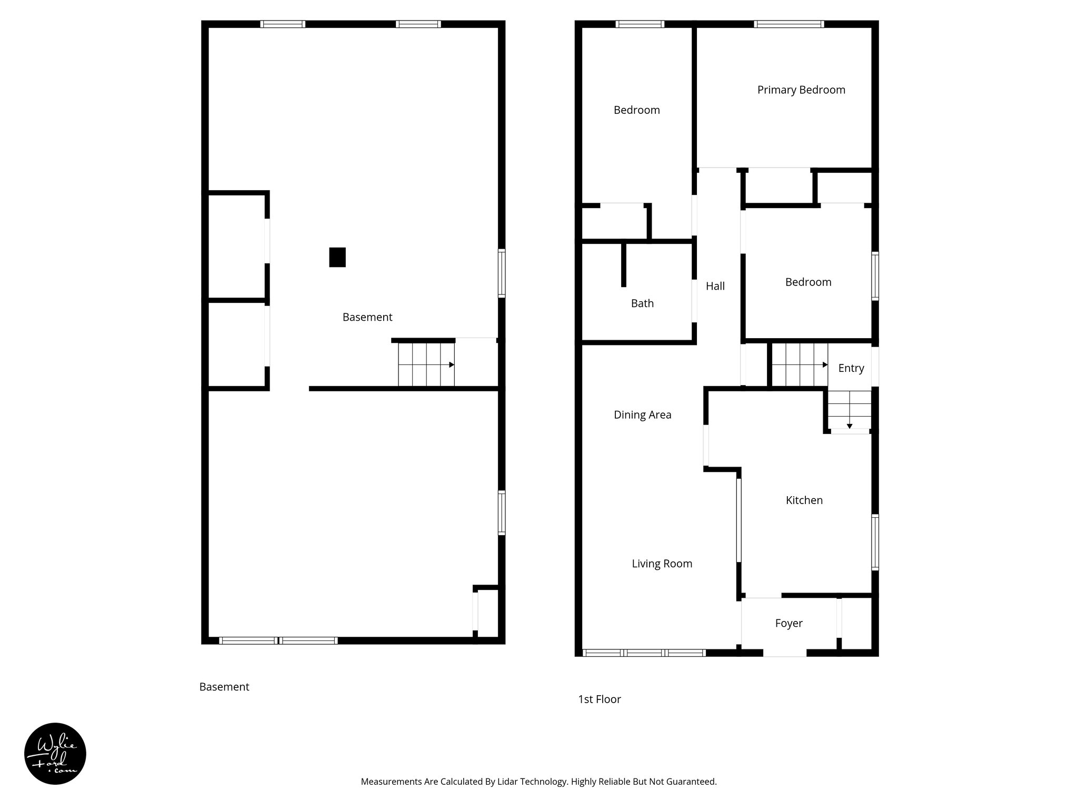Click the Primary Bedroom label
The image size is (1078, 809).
[x=801, y=90]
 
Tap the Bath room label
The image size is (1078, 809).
[x=642, y=303]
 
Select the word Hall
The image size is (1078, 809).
[x=715, y=286]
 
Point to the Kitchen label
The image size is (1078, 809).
[x=804, y=500]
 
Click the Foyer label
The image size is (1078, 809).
[x=788, y=623]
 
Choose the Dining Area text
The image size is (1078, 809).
[x=642, y=415]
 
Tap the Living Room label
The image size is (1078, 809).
[x=662, y=564]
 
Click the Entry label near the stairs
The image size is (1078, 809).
[x=851, y=368]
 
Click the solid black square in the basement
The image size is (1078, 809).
[x=337, y=257]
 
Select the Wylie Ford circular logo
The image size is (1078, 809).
[x=55, y=754]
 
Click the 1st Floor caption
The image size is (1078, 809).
[x=600, y=699]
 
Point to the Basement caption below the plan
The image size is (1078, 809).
[x=224, y=687]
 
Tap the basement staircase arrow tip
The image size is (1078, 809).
[x=452, y=364]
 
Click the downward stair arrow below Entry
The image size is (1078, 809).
[x=850, y=426]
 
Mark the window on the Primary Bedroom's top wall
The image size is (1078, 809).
[x=788, y=24]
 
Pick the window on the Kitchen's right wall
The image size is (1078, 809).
[x=875, y=542]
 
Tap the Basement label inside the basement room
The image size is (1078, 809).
[x=367, y=317]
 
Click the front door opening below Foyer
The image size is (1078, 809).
[x=785, y=653]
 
